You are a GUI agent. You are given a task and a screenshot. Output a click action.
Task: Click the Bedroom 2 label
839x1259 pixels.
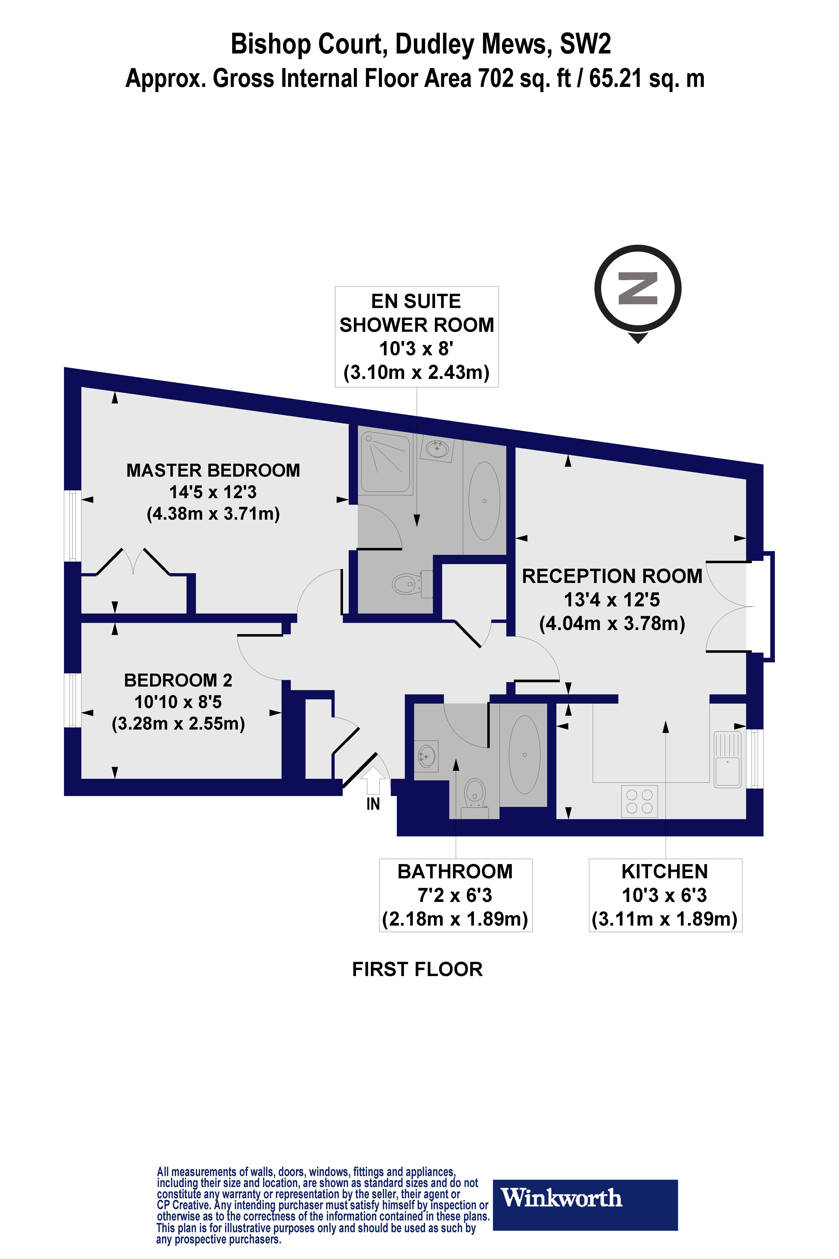[x=178, y=701]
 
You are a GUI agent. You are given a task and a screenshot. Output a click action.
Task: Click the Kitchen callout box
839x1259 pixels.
[x=665, y=895]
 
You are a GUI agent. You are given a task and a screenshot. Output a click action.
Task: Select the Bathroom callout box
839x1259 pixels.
[x=455, y=895]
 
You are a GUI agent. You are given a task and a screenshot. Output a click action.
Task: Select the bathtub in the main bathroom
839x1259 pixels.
[x=524, y=755]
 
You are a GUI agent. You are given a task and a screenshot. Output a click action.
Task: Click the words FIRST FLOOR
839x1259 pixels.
[x=417, y=969]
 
